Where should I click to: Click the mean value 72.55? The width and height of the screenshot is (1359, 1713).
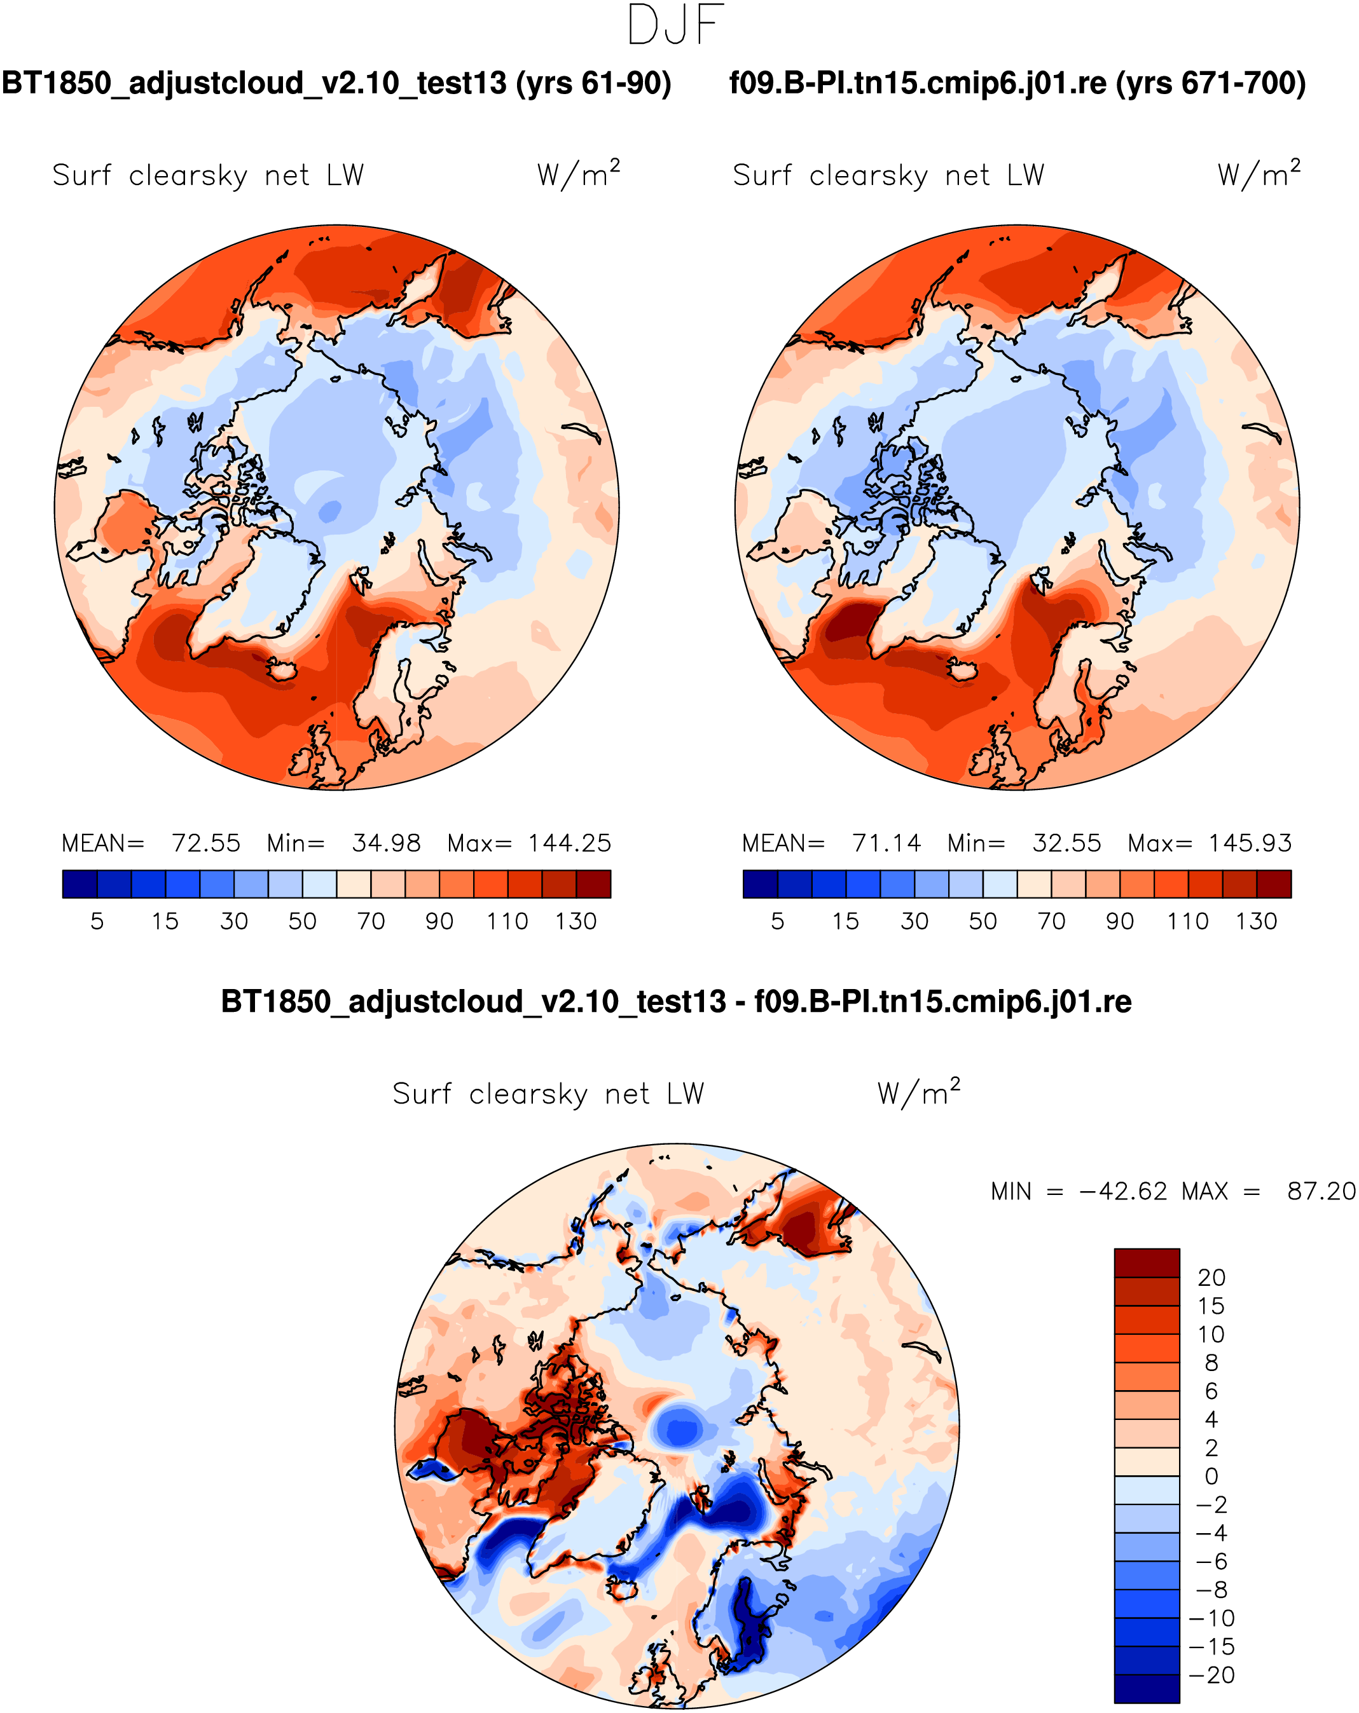[x=206, y=843]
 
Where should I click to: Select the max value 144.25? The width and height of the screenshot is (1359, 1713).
[x=570, y=843]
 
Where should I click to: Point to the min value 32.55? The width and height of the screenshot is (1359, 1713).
[x=1066, y=843]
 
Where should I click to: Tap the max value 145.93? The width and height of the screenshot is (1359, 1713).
[x=1250, y=843]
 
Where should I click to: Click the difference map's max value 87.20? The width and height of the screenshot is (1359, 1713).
[x=1321, y=1191]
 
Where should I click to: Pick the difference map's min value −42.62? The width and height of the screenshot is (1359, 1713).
[x=1123, y=1191]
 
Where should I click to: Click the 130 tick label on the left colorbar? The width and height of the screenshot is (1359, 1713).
[x=576, y=921]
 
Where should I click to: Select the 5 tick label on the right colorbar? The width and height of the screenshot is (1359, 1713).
[x=777, y=921]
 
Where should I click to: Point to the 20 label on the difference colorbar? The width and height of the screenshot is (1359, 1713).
[x=1211, y=1278]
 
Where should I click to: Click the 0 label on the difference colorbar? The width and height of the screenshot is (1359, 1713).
[x=1211, y=1476]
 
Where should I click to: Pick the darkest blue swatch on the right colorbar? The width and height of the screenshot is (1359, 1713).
[x=760, y=884]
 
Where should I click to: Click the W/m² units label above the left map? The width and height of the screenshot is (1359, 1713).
[x=578, y=174]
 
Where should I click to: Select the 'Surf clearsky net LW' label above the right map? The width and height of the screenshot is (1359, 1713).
[x=888, y=175]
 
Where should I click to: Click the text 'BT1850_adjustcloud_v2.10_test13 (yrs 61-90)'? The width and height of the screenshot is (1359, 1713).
[x=336, y=83]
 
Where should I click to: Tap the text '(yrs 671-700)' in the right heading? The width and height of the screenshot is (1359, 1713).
[x=1210, y=83]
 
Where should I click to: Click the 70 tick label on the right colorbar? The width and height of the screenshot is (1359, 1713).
[x=1051, y=921]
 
